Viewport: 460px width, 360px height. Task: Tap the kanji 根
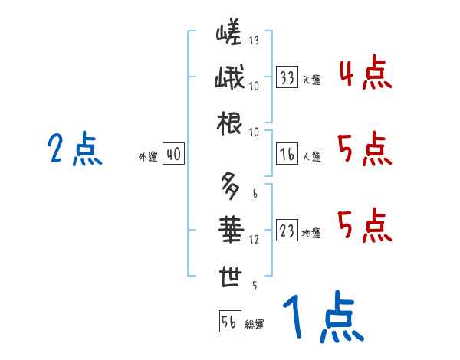pyautogui.click(x=229, y=124)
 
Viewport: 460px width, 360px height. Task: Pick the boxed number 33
pyautogui.click(x=288, y=77)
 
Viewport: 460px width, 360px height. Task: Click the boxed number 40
pyautogui.click(x=172, y=155)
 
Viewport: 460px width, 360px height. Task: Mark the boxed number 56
pyautogui.click(x=229, y=322)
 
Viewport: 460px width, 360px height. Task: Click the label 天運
pyautogui.click(x=311, y=80)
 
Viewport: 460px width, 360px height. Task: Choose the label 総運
pyautogui.click(x=255, y=324)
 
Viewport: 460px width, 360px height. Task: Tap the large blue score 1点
pyautogui.click(x=322, y=318)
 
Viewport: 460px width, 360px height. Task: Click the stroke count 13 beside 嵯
pyautogui.click(x=254, y=41)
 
